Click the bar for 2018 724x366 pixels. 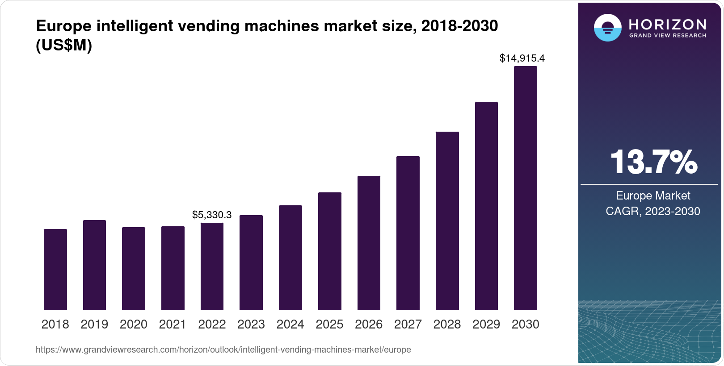point(55,269)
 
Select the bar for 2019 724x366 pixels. point(94,265)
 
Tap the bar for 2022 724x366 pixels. point(212,266)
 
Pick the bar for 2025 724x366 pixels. point(329,251)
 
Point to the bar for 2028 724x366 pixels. point(447,220)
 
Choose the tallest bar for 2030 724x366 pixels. point(525,188)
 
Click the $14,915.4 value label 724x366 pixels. point(522,58)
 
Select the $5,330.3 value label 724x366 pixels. point(212,215)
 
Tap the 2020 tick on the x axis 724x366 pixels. point(134,324)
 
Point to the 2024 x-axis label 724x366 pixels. point(290,324)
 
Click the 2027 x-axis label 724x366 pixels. point(408,324)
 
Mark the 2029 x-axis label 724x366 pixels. point(486,324)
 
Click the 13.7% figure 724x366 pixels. point(653,162)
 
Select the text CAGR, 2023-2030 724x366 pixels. point(653,211)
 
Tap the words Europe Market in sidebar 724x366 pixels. point(653,195)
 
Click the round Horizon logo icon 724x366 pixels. point(607,28)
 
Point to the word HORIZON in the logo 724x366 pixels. point(667,24)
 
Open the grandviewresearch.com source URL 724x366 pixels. point(223,349)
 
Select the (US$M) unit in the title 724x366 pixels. point(64,45)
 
